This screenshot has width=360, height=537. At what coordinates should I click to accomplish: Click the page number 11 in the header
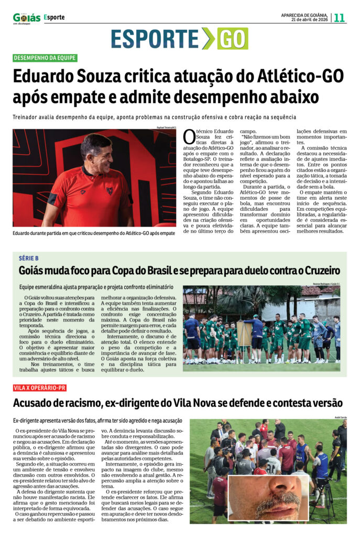tap(340, 17)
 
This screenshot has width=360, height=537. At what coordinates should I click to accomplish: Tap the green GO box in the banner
tap(233, 39)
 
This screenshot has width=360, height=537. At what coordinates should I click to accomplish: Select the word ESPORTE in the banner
tap(155, 39)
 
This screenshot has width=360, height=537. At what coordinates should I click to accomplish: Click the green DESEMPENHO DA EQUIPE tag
tap(45, 58)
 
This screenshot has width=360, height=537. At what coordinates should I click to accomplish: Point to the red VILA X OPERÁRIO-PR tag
tap(40, 388)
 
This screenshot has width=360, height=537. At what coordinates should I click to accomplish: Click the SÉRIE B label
tap(29, 259)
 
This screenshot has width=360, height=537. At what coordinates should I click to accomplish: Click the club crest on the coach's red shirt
tap(110, 190)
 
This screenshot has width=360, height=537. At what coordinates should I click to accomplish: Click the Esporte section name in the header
tap(54, 17)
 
